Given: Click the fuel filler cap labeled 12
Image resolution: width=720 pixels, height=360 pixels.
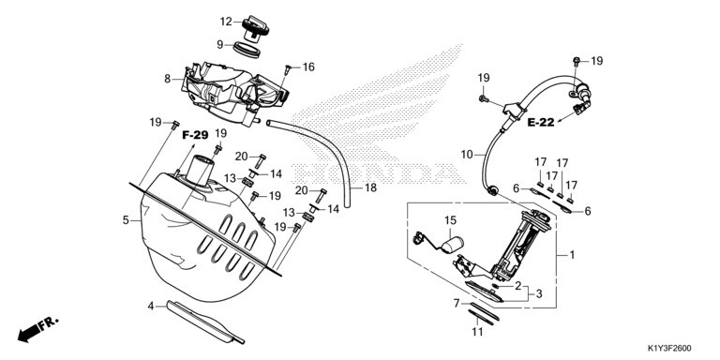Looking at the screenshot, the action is coord(255,28).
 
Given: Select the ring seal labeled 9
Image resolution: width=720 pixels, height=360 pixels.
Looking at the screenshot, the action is coord(247,49).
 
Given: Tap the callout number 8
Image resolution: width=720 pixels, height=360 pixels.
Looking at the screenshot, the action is coord(168,79).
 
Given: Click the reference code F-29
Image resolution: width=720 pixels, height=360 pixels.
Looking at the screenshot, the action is coord(196,135).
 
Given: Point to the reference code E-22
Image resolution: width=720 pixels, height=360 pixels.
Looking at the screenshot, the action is coord(541,122).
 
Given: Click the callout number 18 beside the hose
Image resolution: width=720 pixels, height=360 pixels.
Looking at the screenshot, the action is coord(370,187).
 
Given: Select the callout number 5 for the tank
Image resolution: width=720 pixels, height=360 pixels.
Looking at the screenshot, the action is coord(126,220).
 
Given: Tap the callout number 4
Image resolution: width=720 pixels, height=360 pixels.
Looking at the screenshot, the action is coord(151,306).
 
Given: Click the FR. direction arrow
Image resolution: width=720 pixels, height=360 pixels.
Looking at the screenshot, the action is coord(37,329).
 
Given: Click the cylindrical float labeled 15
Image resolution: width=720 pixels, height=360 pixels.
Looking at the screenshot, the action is coord(452,244).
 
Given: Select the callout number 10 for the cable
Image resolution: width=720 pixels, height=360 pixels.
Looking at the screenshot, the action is coord(467,155).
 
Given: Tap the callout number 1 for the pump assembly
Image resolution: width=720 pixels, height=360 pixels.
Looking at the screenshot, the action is coord(572,254).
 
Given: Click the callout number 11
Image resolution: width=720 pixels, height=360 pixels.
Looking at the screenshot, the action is coord(478,332).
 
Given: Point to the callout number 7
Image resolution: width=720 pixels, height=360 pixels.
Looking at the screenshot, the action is coord(457,303).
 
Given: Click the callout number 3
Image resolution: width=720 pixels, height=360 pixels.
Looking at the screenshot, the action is coord(539,293).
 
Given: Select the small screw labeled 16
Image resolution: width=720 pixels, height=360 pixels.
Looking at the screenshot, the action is coord(288,69).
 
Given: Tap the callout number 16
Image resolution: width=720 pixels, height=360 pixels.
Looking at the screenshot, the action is coord(308,67).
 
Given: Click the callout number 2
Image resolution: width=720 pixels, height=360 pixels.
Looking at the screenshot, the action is coord(518,286).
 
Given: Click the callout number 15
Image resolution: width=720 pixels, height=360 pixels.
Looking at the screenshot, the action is coord(450,220).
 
